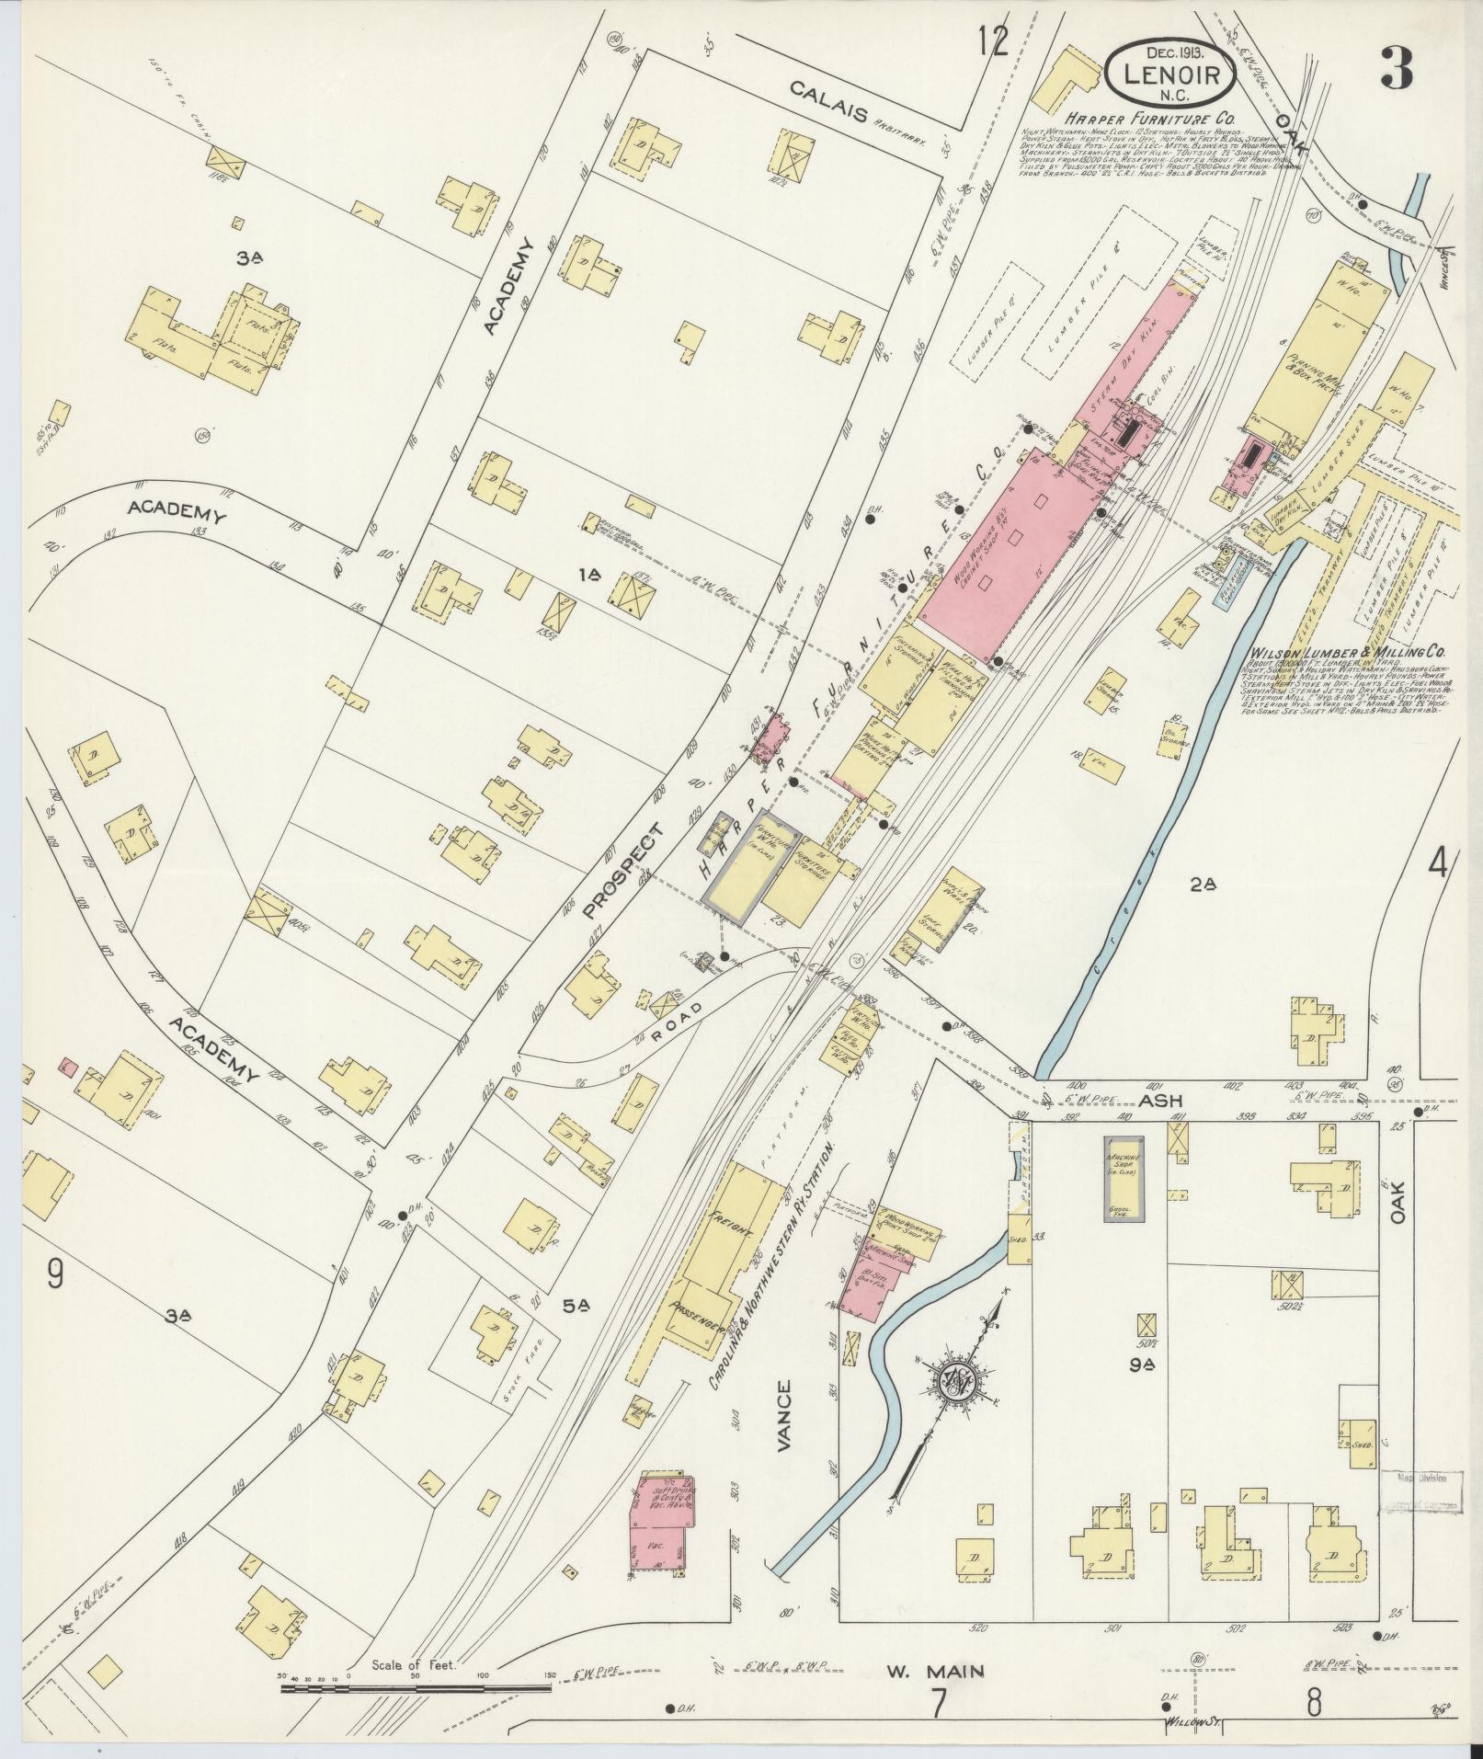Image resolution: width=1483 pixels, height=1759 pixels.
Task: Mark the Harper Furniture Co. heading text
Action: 1150,120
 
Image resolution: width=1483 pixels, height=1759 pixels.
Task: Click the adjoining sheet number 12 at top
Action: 993,41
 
